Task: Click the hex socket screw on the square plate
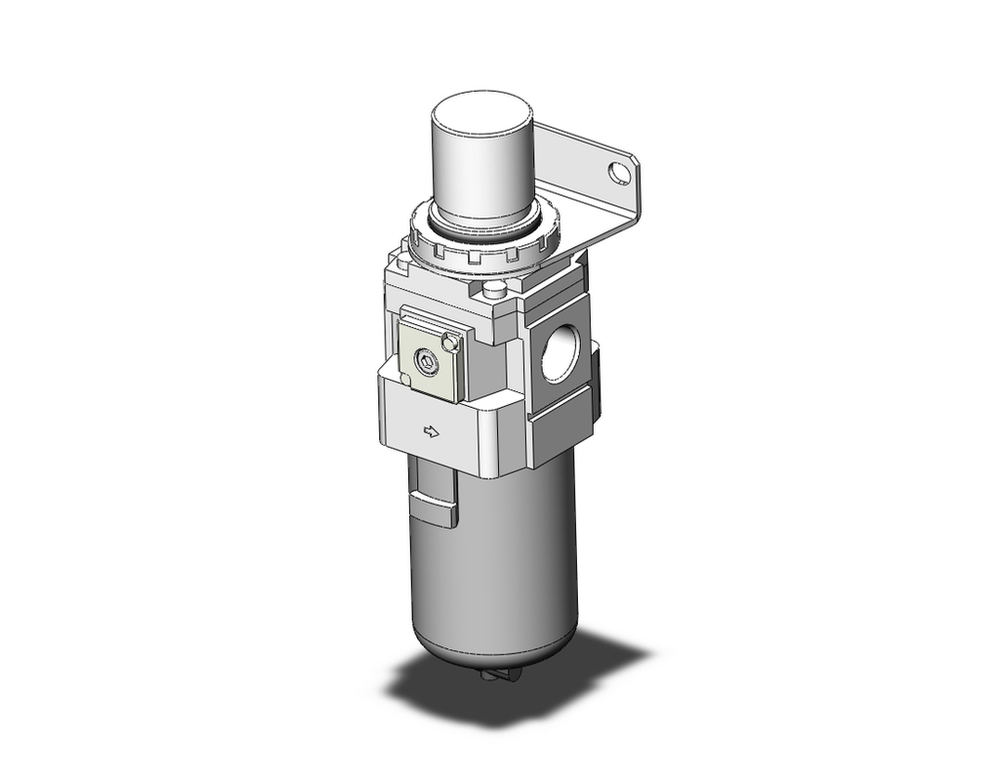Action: click(425, 364)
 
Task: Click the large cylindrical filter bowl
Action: click(489, 559)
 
